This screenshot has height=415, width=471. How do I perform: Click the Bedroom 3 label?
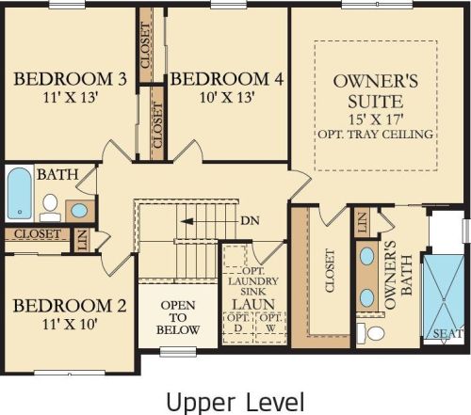pos(71,79)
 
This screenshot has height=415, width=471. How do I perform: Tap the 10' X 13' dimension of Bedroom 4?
pos(227,98)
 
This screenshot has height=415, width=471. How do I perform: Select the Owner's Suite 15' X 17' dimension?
pos(376,120)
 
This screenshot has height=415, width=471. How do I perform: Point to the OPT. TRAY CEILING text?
pos(376,135)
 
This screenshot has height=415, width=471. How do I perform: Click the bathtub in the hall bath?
pos(20,194)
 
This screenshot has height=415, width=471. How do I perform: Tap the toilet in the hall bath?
pos(50,208)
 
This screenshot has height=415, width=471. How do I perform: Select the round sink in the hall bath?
pos(79,211)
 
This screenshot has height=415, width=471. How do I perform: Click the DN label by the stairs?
pos(250,221)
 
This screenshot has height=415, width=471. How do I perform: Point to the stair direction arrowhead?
pos(187,221)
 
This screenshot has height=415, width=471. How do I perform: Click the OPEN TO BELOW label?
pos(178,317)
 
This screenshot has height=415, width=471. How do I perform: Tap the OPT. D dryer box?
pos(238,327)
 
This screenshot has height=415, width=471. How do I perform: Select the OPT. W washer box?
pos(271,327)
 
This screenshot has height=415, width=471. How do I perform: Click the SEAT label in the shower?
pos(448,334)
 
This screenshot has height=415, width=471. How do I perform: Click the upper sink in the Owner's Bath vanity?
pos(366,256)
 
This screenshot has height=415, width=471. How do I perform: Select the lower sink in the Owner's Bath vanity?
pos(366,297)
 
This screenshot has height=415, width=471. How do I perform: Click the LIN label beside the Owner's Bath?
pos(362,222)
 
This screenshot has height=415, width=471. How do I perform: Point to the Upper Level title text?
pos(235,403)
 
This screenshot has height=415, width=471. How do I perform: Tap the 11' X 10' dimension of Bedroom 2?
pos(70,324)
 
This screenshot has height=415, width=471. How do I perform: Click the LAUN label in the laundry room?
pos(253,304)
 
